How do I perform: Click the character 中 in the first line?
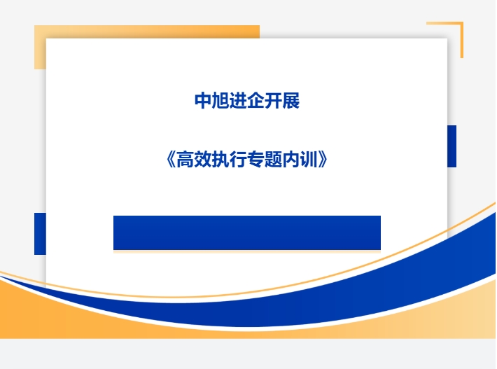pos(203,101)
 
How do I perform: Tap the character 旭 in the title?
pos(220,101)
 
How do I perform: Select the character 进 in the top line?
pos(238,101)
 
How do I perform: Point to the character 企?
pos(255,101)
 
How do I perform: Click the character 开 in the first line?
pos(273,101)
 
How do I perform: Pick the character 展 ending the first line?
pos(291,101)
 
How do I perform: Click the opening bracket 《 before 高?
pos(171,160)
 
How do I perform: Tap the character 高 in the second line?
pos(185,160)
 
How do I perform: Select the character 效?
pos(202,160)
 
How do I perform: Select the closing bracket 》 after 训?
pos(323,160)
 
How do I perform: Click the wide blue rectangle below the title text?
pos(247,233)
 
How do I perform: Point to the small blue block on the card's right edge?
pos(451,146)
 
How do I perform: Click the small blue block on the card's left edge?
pos(41,234)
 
